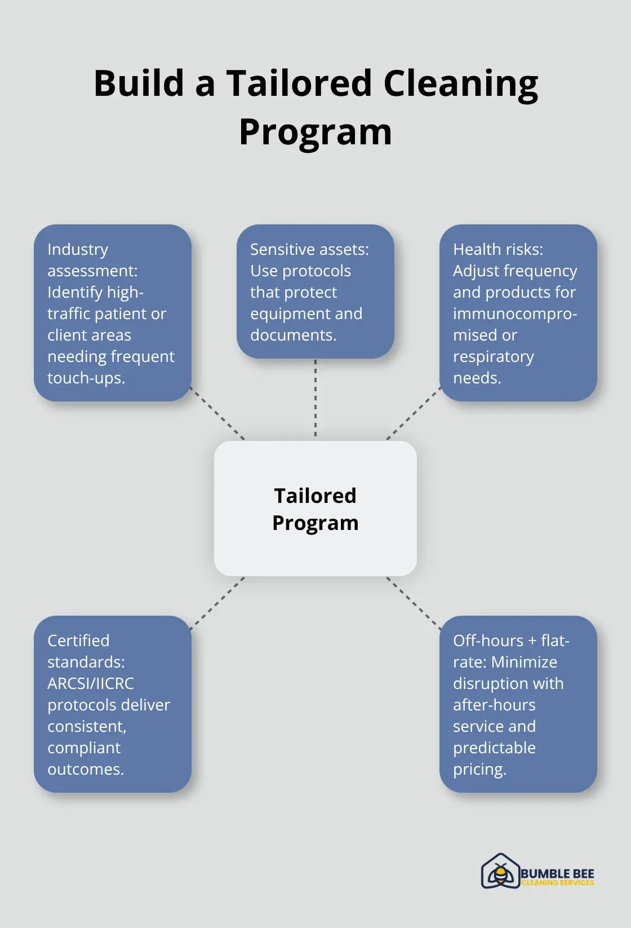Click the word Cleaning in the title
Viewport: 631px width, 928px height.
pos(460,83)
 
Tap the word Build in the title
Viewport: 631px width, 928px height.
pos(138,83)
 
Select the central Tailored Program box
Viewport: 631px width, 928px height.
pos(315,509)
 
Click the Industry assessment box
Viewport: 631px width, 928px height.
pos(113,313)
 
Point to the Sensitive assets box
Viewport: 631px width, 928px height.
pos(315,291)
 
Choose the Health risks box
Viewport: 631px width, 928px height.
pos(518,313)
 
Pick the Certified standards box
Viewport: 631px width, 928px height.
pos(113,704)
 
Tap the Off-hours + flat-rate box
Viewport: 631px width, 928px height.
pos(518,704)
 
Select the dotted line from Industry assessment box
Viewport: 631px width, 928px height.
pos(217,413)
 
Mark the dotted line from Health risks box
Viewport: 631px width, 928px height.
pos(414,413)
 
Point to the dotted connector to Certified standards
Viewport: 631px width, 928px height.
pos(217,603)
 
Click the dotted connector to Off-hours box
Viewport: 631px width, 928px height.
pos(414,603)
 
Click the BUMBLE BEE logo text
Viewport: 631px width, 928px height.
pos(557,874)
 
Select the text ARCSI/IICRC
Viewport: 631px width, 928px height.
pos(91,683)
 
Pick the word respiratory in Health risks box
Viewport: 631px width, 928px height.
pos(494,356)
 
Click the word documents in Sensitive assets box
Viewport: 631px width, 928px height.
pos(293,335)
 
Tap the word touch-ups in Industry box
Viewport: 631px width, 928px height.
pos(86,378)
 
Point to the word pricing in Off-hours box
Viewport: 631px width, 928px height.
pos(479,769)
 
